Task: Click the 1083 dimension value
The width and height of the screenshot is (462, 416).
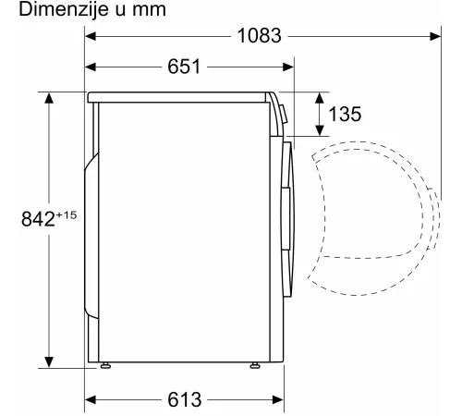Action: [x=260, y=35]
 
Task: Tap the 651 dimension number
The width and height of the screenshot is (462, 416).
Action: [x=184, y=67]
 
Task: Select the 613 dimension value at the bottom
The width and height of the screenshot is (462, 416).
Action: [x=185, y=399]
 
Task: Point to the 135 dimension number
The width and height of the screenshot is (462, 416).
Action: [x=345, y=114]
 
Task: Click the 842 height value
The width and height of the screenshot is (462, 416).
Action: [x=38, y=219]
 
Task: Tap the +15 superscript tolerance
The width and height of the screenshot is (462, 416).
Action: [x=67, y=214]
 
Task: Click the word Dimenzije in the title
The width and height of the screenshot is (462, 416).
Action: [x=64, y=9]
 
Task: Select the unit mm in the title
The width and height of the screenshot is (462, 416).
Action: [x=150, y=10]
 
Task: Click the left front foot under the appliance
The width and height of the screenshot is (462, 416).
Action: [x=105, y=365]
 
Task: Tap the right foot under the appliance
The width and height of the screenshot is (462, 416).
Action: [x=255, y=365]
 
